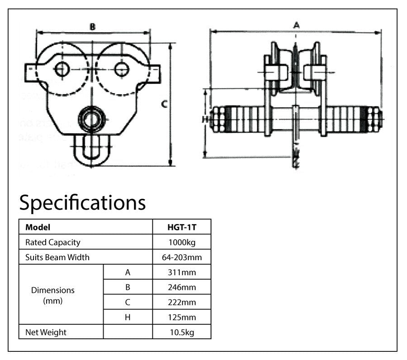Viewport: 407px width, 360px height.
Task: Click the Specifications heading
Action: [x=82, y=203]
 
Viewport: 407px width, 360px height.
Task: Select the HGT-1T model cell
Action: [x=181, y=227]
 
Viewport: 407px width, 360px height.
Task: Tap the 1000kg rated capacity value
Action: [x=181, y=242]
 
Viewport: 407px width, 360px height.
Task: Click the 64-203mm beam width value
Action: [x=181, y=257]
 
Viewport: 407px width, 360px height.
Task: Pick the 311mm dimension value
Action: [x=181, y=272]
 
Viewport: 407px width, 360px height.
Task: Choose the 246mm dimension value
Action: [x=181, y=287]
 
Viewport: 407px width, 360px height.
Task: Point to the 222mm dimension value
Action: [x=181, y=302]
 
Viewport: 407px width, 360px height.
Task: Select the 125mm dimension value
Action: [x=181, y=317]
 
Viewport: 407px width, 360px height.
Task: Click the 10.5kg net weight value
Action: [x=181, y=332]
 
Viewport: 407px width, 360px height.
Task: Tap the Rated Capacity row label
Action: [x=53, y=242]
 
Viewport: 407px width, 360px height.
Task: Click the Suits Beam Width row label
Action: [x=57, y=257]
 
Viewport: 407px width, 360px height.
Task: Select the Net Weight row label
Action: [x=46, y=332]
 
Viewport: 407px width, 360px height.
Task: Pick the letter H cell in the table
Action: [x=128, y=317]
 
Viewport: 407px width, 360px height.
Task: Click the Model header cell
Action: [x=38, y=227]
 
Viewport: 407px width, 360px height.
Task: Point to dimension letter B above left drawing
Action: [x=92, y=27]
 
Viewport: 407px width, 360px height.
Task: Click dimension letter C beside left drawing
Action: [x=165, y=104]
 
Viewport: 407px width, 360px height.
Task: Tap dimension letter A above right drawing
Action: [x=296, y=25]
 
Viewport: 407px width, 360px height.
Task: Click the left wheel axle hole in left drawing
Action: [x=62, y=69]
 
